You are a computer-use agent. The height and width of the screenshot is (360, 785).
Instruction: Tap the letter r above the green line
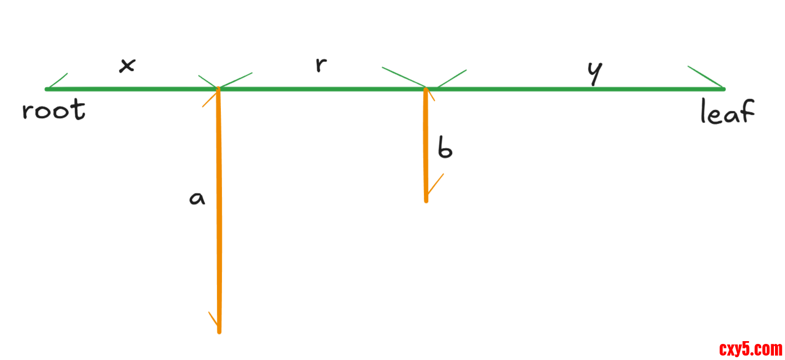click(320, 64)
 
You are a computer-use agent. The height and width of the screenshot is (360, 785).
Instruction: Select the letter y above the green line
click(594, 73)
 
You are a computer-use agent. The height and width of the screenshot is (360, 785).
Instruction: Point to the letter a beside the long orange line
click(197, 198)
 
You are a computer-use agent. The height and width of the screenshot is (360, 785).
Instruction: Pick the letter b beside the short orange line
click(445, 148)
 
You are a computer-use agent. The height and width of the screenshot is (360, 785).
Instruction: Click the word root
click(54, 110)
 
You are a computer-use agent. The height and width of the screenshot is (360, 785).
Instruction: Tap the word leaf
click(727, 111)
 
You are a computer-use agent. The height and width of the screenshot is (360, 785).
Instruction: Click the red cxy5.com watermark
click(751, 349)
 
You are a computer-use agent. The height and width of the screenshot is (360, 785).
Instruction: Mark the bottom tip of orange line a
click(219, 332)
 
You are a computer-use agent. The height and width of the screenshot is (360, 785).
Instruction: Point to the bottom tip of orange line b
click(426, 200)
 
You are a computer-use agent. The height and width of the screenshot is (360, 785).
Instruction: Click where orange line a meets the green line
click(219, 89)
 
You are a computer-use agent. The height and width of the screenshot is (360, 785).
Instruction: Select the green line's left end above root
click(47, 89)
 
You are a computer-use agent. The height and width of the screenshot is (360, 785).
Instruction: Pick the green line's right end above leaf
click(723, 89)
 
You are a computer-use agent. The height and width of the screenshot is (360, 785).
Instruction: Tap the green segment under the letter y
click(594, 89)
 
